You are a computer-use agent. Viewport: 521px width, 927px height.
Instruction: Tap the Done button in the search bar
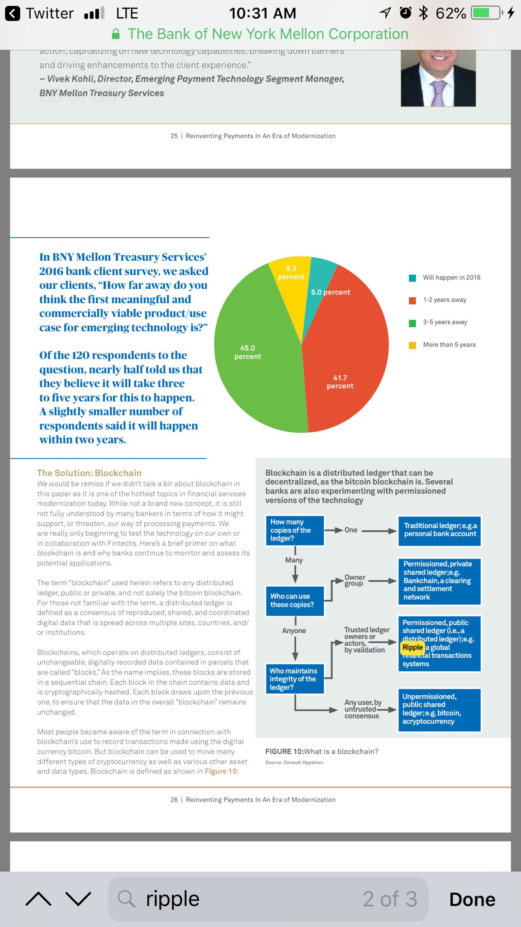pos(472,899)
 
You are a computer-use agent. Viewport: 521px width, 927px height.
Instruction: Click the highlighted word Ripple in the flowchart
pos(412,647)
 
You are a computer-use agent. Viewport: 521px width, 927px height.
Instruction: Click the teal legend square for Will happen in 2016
pos(412,278)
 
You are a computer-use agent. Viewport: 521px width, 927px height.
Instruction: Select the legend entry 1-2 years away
pos(445,300)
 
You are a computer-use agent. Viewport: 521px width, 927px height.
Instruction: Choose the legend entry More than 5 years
pos(449,344)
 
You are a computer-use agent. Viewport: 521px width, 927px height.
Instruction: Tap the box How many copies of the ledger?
pos(295,530)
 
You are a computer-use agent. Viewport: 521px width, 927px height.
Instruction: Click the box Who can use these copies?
pos(295,601)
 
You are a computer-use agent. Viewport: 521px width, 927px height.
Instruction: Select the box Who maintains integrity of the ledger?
pos(295,679)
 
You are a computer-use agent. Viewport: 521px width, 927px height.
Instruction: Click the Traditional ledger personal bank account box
pos(440,530)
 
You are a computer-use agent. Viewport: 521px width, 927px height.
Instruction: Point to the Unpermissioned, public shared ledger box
pos(440,709)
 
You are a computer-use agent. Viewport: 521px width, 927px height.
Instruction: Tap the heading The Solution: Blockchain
pos(89,473)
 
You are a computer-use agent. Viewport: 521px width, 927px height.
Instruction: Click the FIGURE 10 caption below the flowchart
pos(322,751)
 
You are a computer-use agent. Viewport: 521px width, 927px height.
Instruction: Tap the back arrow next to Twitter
pos(13,14)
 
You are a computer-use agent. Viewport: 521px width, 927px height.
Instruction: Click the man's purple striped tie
pos(437,93)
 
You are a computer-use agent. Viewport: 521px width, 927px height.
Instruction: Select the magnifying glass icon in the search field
pos(127,899)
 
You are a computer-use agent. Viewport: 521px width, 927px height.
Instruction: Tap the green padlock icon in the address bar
pos(116,34)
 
